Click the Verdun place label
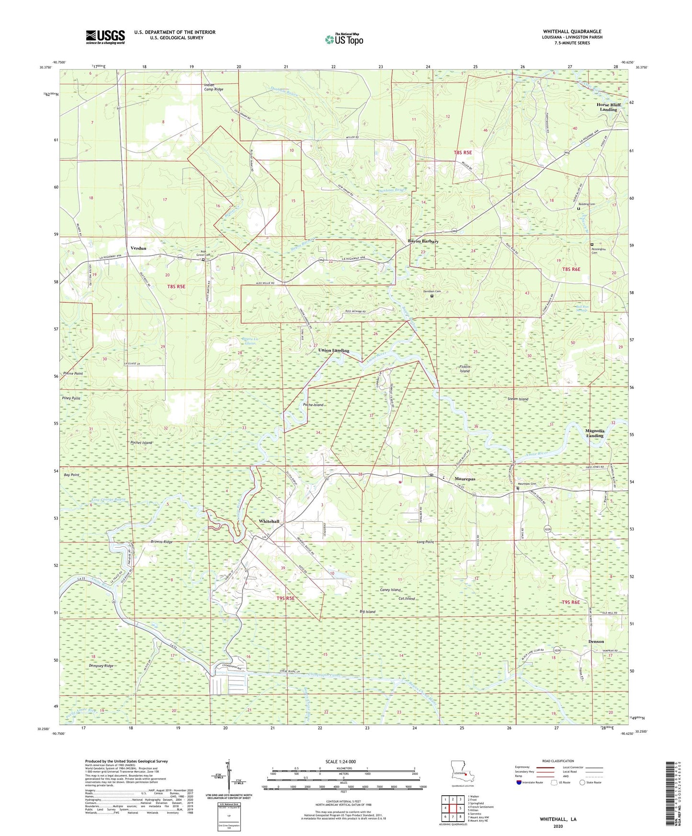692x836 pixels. point(138,248)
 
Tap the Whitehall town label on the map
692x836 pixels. point(269,521)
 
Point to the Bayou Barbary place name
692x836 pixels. point(423,241)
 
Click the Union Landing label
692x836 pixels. point(334,350)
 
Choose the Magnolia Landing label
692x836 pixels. point(595,433)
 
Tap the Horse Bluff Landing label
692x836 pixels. point(608,107)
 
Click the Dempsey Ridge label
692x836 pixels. point(101,666)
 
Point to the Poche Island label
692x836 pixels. point(314,405)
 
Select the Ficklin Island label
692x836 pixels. point(465,369)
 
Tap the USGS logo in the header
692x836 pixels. point(105,36)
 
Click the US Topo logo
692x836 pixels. point(344,39)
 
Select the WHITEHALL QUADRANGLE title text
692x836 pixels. point(572,32)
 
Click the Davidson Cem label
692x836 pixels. point(431,291)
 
